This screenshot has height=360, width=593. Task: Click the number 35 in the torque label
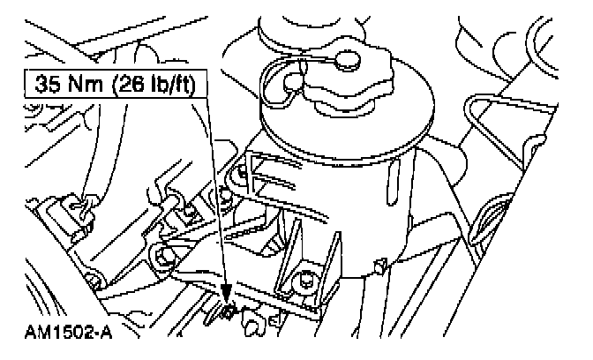(x=49, y=86)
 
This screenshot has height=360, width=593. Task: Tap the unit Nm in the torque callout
(x=84, y=86)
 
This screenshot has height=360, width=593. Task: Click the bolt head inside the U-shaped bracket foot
(x=305, y=283)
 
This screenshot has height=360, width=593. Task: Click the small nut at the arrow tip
(x=227, y=311)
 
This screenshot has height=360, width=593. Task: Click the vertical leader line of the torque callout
(x=216, y=194)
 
